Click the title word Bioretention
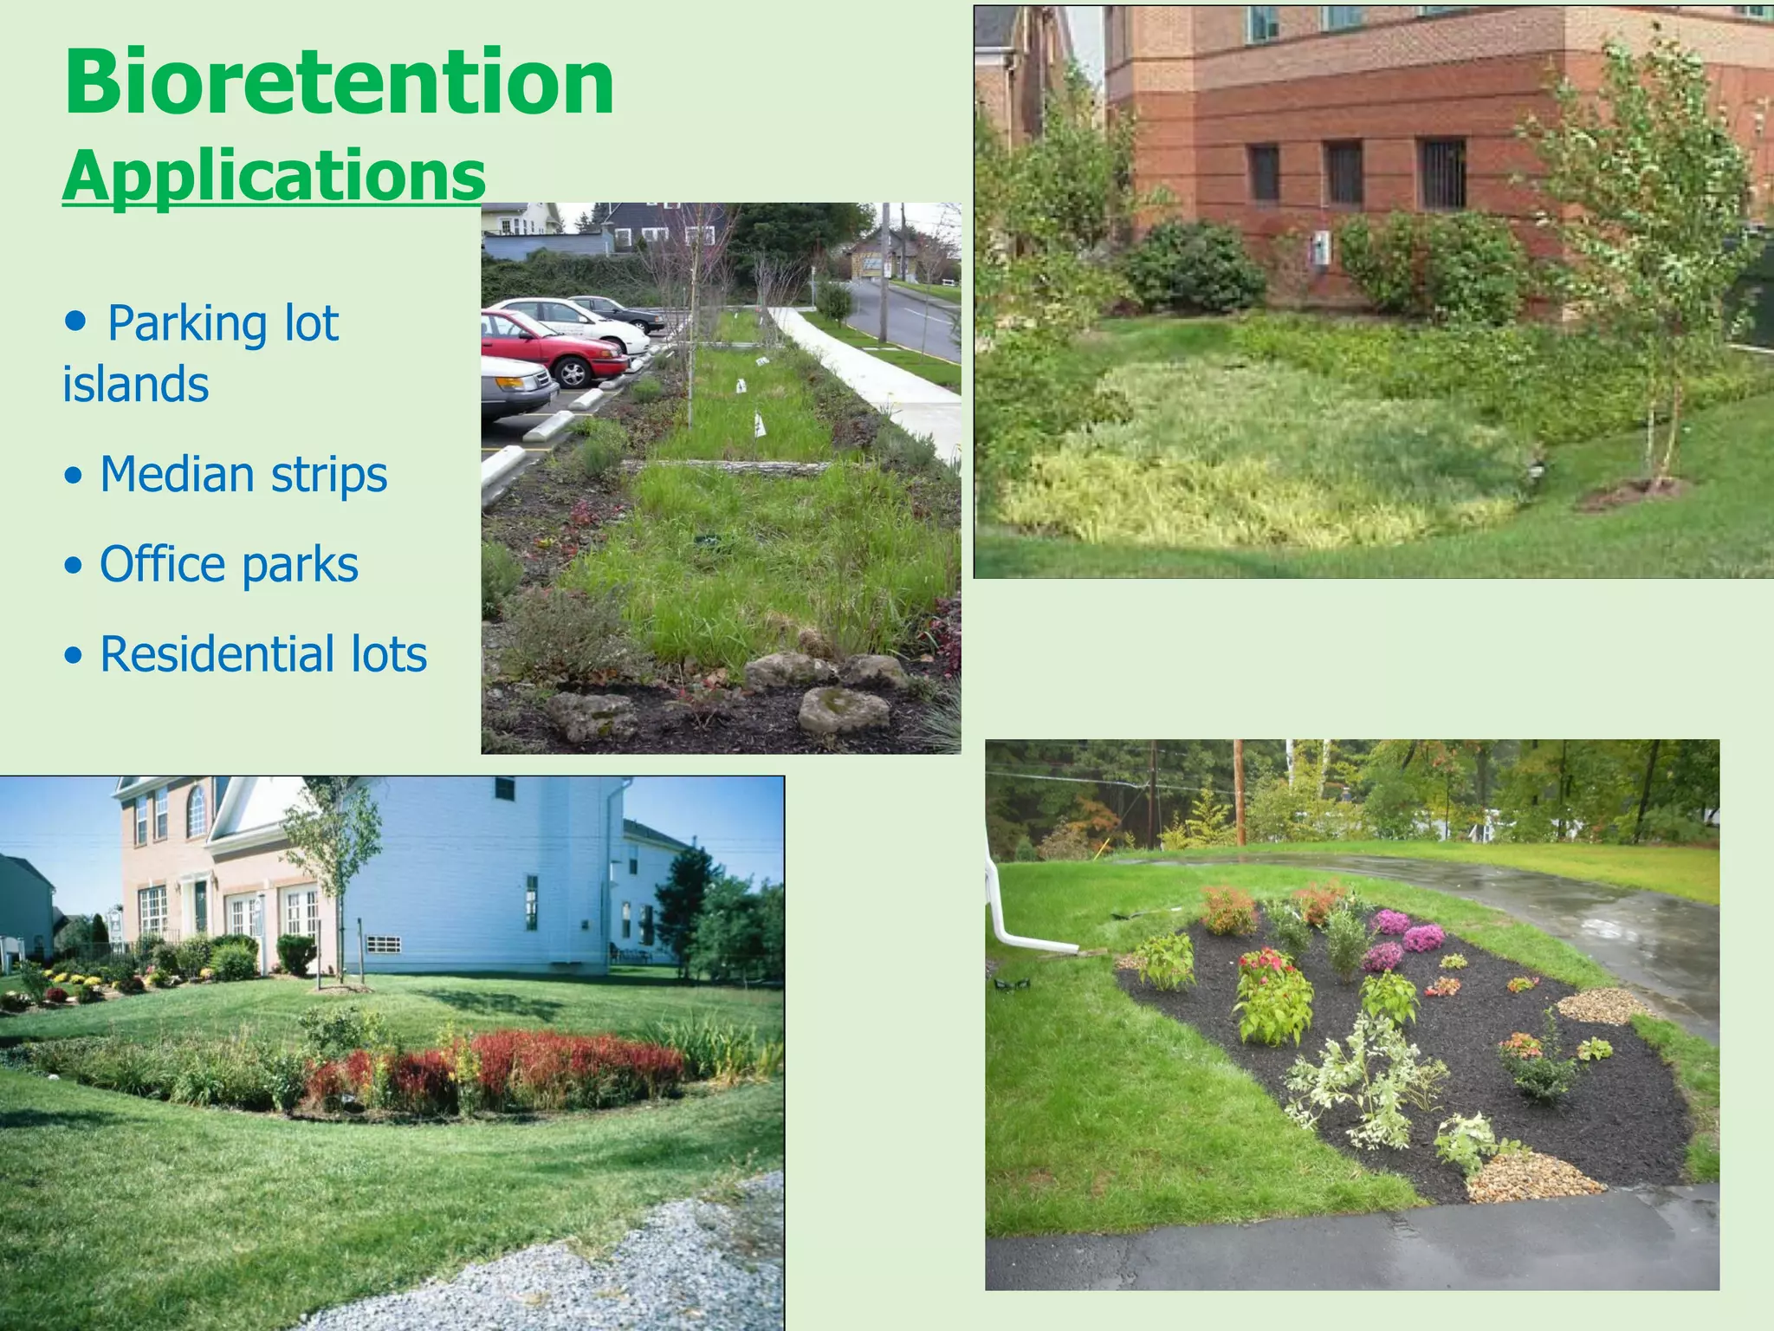[338, 82]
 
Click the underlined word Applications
[273, 176]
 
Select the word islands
[135, 385]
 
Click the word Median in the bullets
[177, 475]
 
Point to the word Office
[163, 565]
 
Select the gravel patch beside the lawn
[606, 1265]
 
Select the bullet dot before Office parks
[74, 566]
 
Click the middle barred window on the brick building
[1344, 172]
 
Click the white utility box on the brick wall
[1320, 248]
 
